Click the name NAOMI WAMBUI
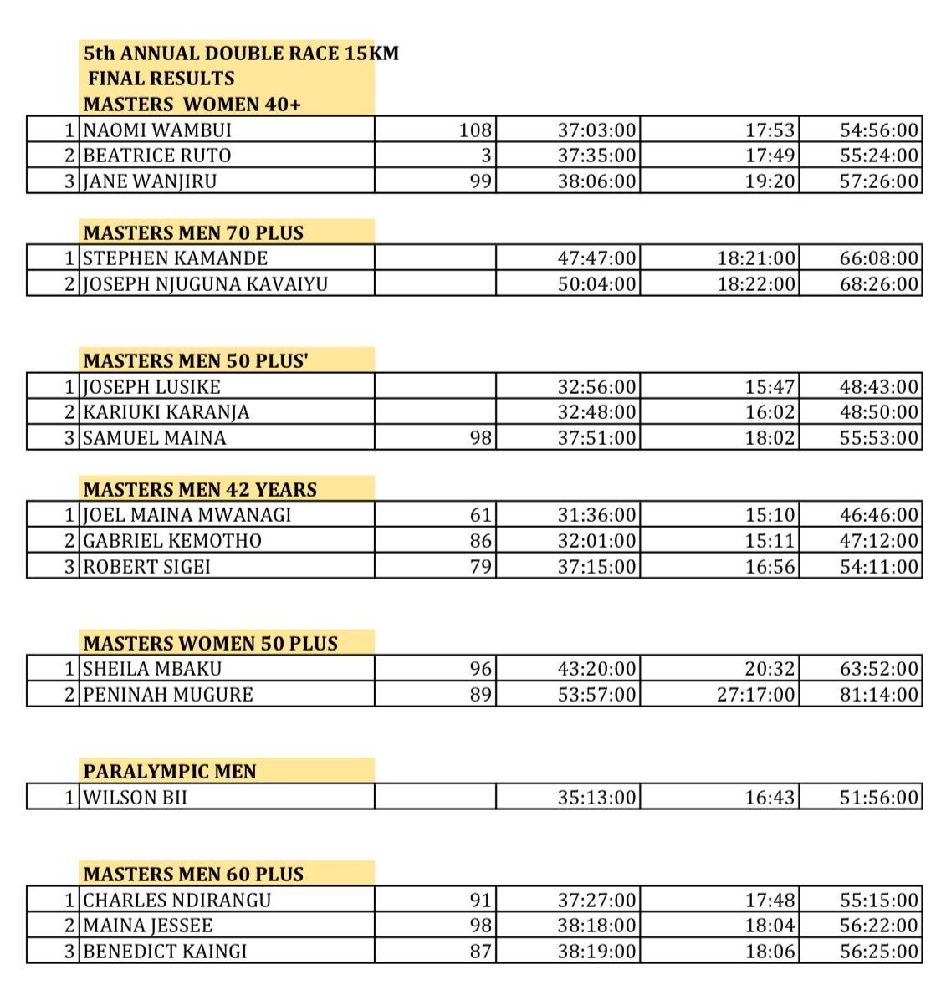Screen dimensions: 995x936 [157, 130]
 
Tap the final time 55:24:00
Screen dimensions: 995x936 [879, 156]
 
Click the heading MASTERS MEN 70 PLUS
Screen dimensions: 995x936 [193, 233]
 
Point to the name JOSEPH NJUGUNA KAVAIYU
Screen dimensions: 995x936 [205, 284]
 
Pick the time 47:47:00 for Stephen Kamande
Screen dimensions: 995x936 [596, 258]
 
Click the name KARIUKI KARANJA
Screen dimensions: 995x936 [166, 412]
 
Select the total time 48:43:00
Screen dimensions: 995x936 [879, 387]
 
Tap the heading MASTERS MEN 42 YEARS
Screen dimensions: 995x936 [200, 490]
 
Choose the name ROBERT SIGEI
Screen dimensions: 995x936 [146, 567]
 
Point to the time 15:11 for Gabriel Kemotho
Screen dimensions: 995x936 [770, 541]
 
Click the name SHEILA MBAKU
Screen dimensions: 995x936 [152, 669]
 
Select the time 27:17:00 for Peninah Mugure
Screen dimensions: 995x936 [756, 695]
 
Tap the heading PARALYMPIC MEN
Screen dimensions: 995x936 [170, 772]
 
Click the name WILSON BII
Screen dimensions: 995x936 [135, 798]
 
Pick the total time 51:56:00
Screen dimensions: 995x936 [879, 798]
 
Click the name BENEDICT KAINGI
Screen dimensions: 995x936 [165, 952]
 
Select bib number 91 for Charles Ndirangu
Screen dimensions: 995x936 [480, 901]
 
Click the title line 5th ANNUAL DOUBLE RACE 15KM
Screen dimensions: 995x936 [241, 54]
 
